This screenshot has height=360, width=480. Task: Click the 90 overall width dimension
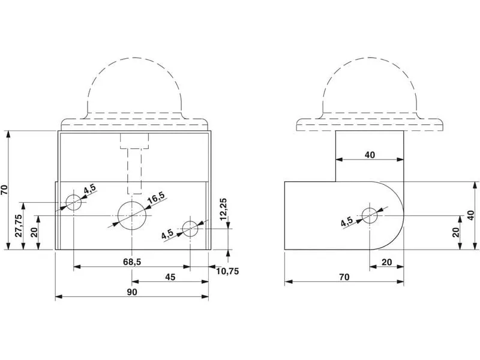pyautogui.click(x=132, y=292)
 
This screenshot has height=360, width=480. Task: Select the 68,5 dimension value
pyautogui.click(x=132, y=262)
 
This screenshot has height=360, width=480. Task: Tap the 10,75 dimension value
pyautogui.click(x=227, y=271)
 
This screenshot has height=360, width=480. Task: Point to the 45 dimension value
pyautogui.click(x=170, y=277)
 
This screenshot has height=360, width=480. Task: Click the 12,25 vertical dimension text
pyautogui.click(x=223, y=209)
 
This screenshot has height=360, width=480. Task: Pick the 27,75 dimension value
pyautogui.click(x=19, y=226)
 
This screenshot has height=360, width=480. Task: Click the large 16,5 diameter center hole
pyautogui.click(x=132, y=215)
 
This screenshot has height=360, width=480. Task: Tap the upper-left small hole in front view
pyautogui.click(x=74, y=202)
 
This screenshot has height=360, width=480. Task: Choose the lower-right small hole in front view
pyautogui.click(x=190, y=229)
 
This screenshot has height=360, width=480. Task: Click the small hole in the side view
pyautogui.click(x=370, y=215)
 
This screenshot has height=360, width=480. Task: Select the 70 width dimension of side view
pyautogui.click(x=344, y=277)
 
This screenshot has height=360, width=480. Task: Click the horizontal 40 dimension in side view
pyautogui.click(x=370, y=155)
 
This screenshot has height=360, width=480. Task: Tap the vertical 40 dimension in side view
pyautogui.click(x=472, y=215)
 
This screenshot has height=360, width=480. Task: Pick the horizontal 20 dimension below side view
pyautogui.click(x=387, y=262)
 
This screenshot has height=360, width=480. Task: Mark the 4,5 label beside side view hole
pyautogui.click(x=347, y=221)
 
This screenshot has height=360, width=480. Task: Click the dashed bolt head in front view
pyautogui.click(x=134, y=141)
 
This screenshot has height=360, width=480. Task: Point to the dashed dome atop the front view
pyautogui.click(x=134, y=86)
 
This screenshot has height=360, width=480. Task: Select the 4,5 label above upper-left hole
pyautogui.click(x=90, y=188)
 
